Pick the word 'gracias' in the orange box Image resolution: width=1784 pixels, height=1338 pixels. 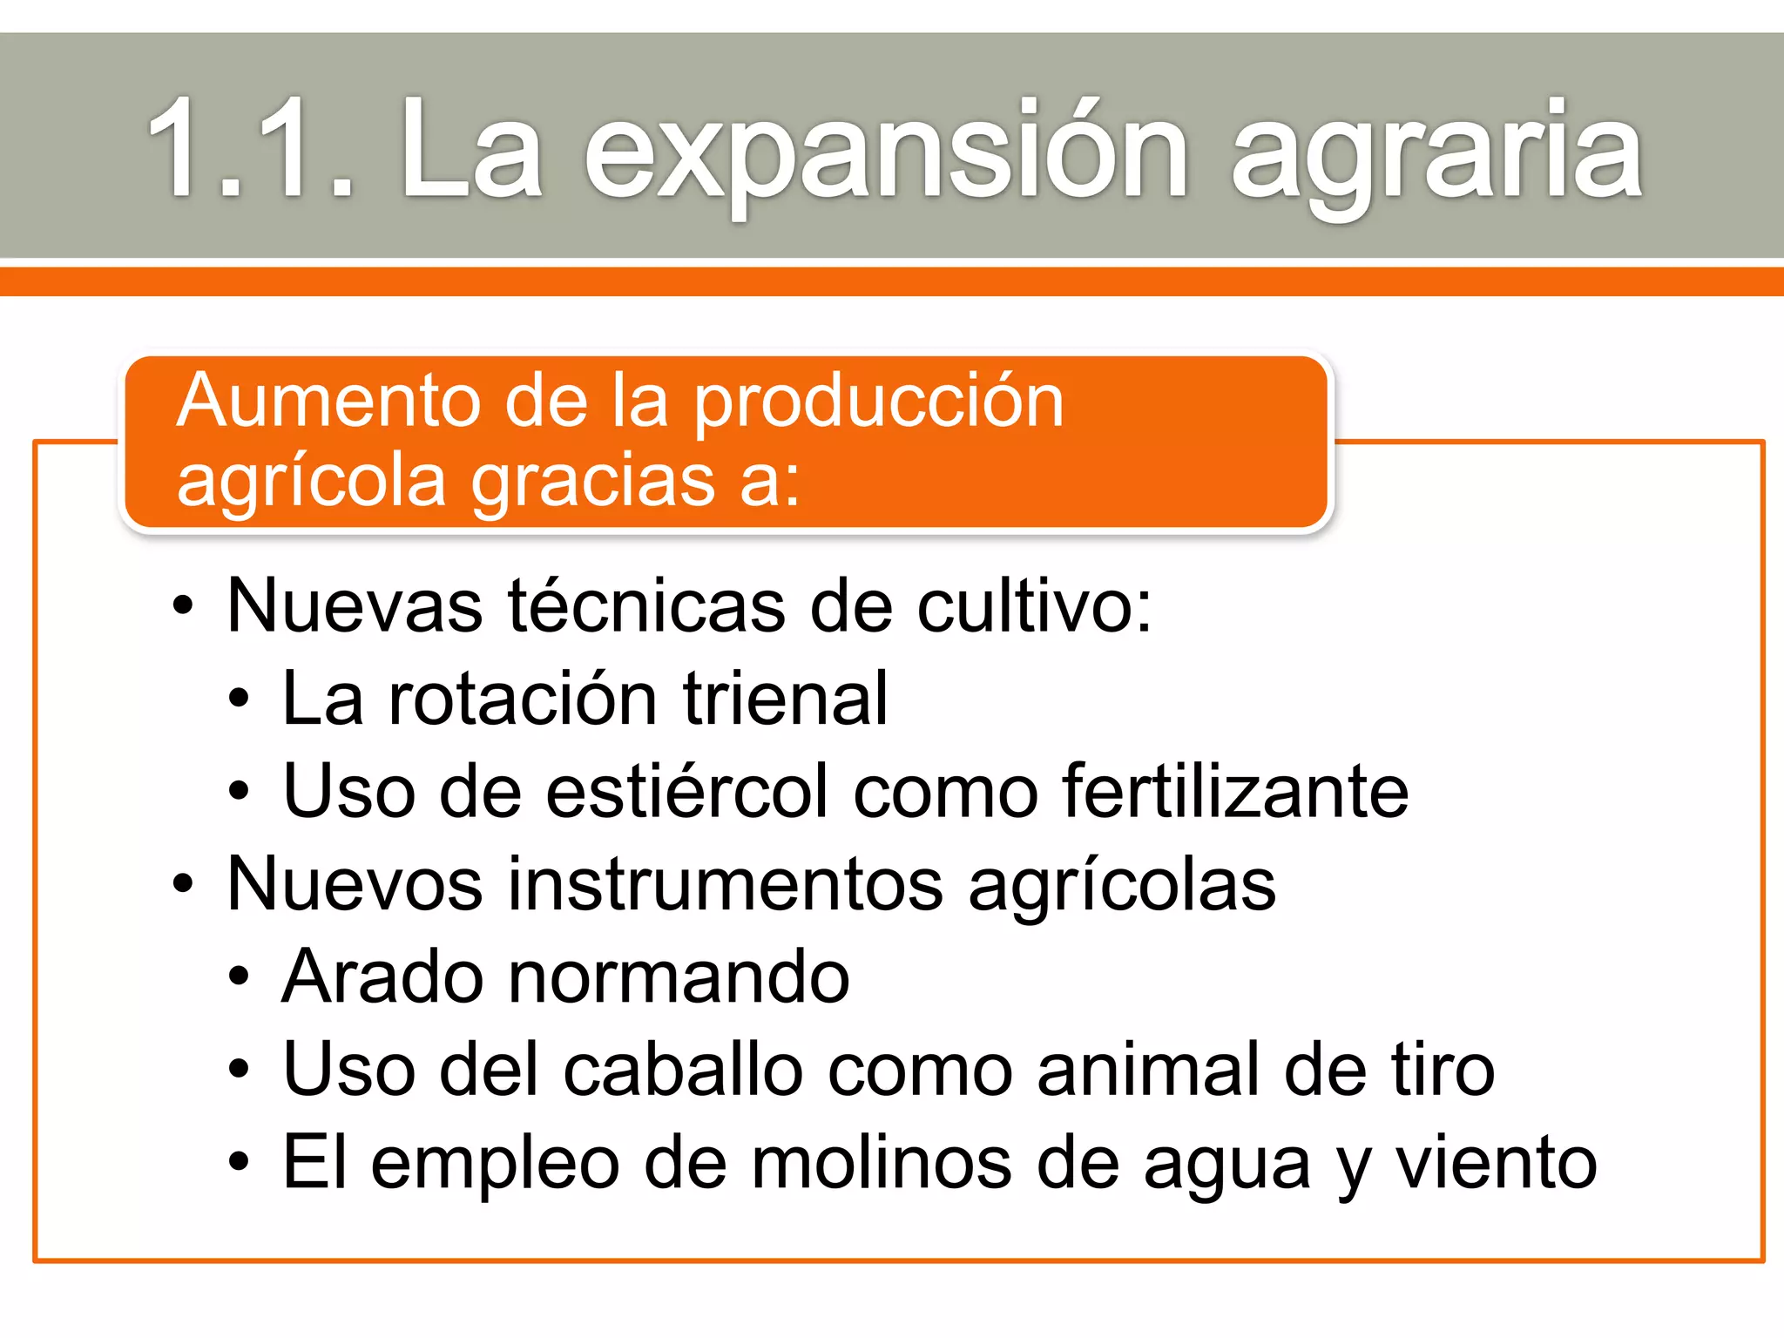point(592,481)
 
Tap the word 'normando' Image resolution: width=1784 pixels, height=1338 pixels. point(679,977)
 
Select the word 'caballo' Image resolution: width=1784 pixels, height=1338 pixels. point(683,1070)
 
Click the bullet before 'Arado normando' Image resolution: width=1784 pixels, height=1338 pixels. point(239,978)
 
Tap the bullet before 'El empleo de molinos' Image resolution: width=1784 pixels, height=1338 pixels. point(239,1163)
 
